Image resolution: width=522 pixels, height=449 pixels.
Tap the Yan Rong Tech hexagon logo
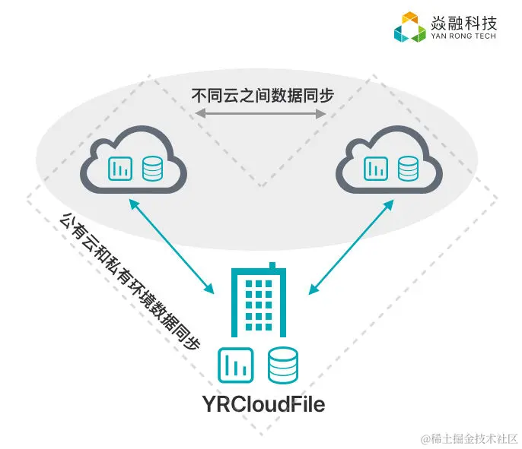coord(409,27)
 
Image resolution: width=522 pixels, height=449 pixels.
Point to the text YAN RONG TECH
coord(464,36)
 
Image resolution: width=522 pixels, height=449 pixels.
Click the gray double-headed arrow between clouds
coord(260,114)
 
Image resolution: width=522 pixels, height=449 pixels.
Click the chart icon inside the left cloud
coord(119,168)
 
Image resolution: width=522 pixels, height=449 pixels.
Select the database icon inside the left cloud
coord(153,168)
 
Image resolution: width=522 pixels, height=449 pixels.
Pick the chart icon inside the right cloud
coord(374,168)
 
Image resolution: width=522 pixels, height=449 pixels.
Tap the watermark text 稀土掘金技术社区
coord(466,438)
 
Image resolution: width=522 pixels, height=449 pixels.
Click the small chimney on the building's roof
coord(275,265)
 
